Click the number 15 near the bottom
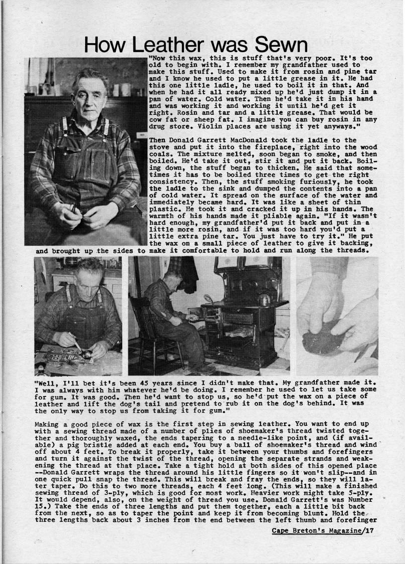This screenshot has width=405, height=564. [x=40, y=502]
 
